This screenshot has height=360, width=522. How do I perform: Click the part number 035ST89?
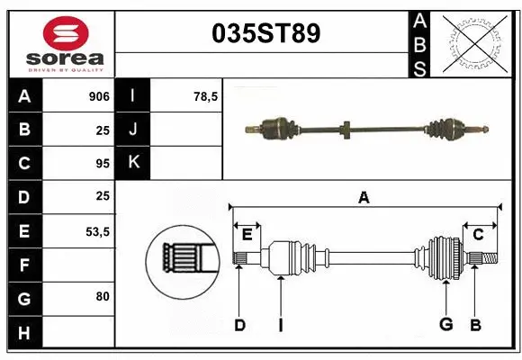tap(265, 34)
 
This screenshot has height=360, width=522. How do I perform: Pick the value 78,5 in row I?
tap(206, 96)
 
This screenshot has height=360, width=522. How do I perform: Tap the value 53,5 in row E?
tap(97, 231)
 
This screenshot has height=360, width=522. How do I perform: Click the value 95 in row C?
tap(102, 164)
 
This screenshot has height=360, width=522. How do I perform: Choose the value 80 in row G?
tap(103, 295)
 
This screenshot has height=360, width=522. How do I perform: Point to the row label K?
tap(134, 163)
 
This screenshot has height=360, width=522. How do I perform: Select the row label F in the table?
tap(24, 265)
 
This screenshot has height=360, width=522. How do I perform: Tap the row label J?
tap(134, 130)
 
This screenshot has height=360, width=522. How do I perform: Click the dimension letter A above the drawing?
tap(364, 197)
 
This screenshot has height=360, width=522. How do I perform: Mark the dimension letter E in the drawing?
tap(247, 235)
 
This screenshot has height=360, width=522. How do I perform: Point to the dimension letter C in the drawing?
tap(479, 235)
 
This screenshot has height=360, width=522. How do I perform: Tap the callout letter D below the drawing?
tap(239, 325)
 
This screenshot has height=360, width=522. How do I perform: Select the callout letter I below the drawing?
tap(281, 325)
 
